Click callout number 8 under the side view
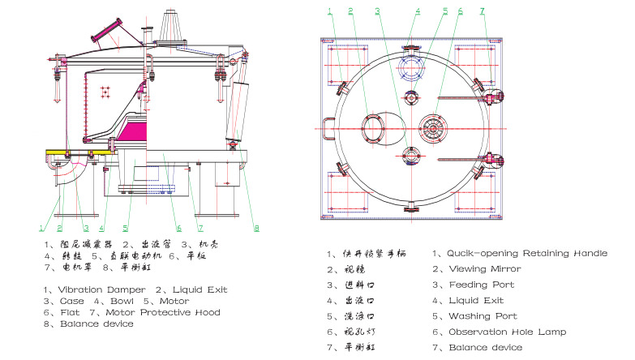[x=256, y=228]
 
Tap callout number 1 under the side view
[x=41, y=228]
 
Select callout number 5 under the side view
[x=127, y=228]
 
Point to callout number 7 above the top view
[x=482, y=11]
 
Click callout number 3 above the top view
[x=377, y=11]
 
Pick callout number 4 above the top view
[x=418, y=11]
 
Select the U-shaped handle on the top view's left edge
[x=328, y=127]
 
